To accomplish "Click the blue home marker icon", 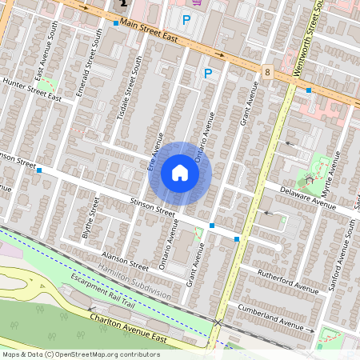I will pyautogui.click(x=180, y=173).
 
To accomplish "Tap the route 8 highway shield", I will pyautogui.click(x=266, y=72).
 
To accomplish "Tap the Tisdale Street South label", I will pyautogui.click(x=129, y=88).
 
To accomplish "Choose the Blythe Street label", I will pyautogui.click(x=90, y=219).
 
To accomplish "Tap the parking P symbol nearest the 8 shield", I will pyautogui.click(x=208, y=74).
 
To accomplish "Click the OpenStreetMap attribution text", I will pyautogui.click(x=81, y=354).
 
